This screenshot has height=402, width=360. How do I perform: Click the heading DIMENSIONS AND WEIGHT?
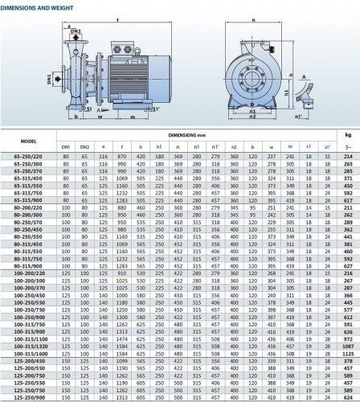38,5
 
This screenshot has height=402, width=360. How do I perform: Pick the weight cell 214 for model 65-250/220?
348,155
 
